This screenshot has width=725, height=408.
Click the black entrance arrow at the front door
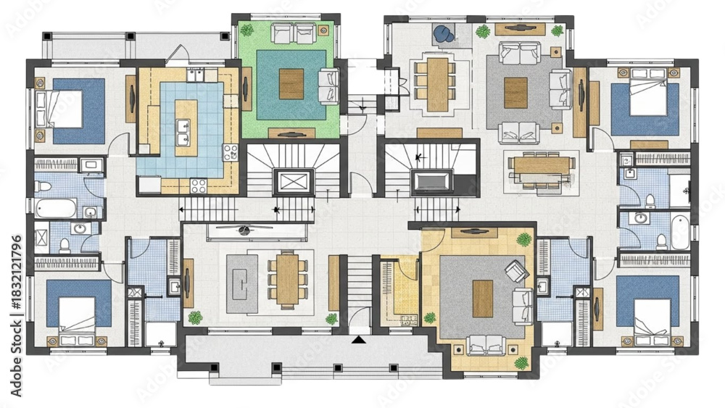(357, 339)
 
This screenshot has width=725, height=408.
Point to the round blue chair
(443, 33)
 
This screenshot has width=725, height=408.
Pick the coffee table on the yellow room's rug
(482, 299)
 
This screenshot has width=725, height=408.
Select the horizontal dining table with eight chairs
(542, 165)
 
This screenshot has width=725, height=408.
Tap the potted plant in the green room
(247, 30)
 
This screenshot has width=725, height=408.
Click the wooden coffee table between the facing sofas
(516, 92)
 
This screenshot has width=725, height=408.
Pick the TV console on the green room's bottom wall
(291, 133)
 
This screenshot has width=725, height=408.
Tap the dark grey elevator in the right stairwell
(432, 180)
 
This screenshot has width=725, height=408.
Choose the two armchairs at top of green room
(293, 32)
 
